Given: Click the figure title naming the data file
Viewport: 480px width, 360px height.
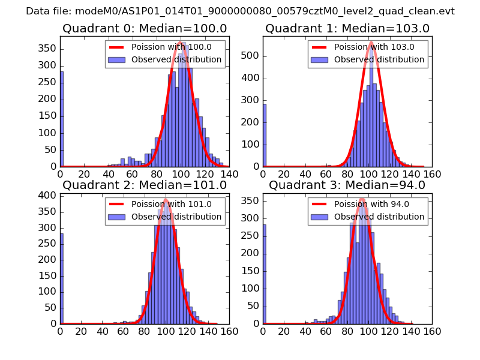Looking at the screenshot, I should click(240, 11).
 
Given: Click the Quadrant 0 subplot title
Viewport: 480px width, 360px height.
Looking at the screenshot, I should click(145, 29).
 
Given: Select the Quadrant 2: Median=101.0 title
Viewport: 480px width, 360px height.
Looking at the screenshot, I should click(145, 185).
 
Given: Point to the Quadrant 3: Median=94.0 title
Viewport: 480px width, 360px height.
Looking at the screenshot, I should click(347, 185).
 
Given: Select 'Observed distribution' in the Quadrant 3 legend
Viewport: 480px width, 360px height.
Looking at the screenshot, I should click(379, 217).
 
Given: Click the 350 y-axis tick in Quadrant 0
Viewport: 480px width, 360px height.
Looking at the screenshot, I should click(50, 49).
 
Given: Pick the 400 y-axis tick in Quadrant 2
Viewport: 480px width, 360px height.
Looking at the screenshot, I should click(50, 195).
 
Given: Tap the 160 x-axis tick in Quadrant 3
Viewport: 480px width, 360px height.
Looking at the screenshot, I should click(433, 331).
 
